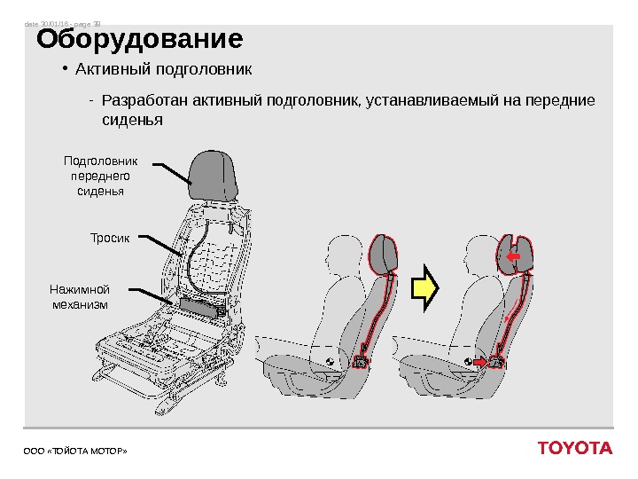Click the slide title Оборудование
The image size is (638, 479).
pos(138,41)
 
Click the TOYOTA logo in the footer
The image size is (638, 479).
pos(574,448)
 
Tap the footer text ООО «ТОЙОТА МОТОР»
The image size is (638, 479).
pos(75,452)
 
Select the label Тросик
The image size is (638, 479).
pos(110,238)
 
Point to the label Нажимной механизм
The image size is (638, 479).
pos(80,296)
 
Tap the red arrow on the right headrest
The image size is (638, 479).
pos(513,256)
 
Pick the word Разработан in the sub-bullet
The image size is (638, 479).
pos(138,99)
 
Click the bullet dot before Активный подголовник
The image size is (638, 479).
pos(65,68)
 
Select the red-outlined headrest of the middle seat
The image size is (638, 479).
pos(384,254)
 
